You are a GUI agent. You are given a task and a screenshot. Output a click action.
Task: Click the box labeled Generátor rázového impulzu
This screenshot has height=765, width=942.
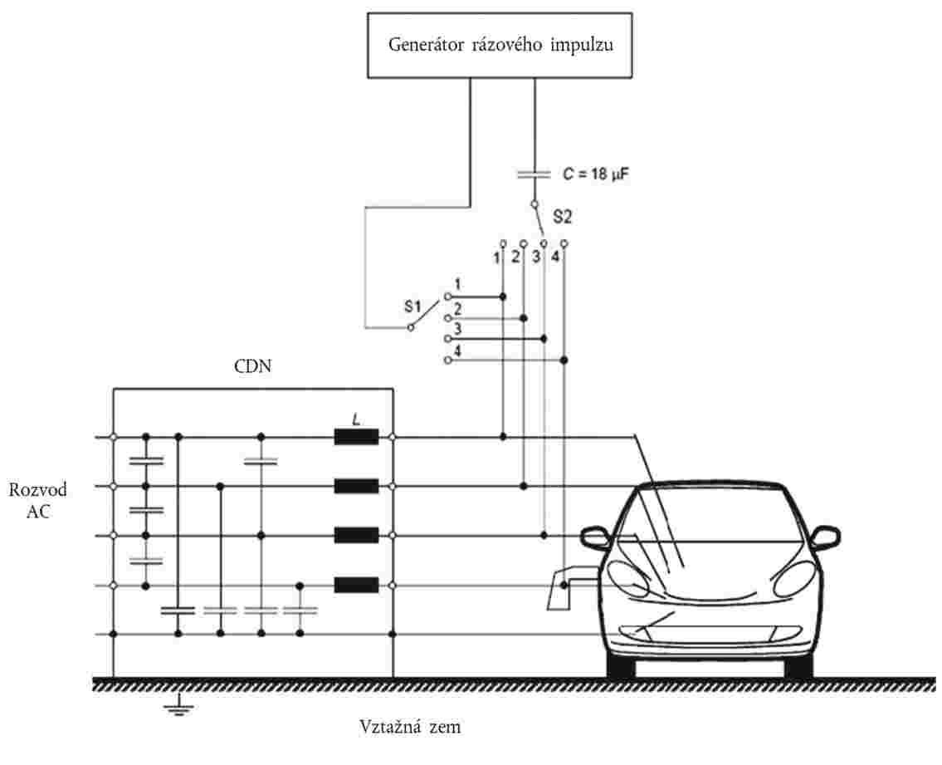click(x=501, y=45)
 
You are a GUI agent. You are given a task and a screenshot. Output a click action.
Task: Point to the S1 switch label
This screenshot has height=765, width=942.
click(x=414, y=306)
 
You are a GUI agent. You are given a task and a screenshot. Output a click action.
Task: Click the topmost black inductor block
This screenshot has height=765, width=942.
click(x=356, y=437)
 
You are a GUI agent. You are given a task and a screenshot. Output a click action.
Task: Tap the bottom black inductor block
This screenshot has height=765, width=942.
click(x=356, y=586)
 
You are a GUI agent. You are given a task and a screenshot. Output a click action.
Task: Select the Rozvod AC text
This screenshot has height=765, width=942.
click(x=38, y=501)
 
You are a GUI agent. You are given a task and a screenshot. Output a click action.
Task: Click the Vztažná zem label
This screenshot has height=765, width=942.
click(x=410, y=728)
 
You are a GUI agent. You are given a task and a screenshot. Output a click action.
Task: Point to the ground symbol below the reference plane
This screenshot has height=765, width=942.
click(x=174, y=708)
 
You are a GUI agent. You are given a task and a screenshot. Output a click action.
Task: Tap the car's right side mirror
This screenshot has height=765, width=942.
click(x=824, y=537)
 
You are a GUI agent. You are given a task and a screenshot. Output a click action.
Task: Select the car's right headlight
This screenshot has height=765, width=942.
click(x=793, y=576)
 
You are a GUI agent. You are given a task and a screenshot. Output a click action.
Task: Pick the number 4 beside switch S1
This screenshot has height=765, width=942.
click(x=458, y=351)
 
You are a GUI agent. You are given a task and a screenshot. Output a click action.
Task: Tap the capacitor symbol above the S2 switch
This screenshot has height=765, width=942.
click(x=533, y=174)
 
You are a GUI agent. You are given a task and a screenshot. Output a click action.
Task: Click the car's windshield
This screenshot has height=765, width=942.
click(x=710, y=518)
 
